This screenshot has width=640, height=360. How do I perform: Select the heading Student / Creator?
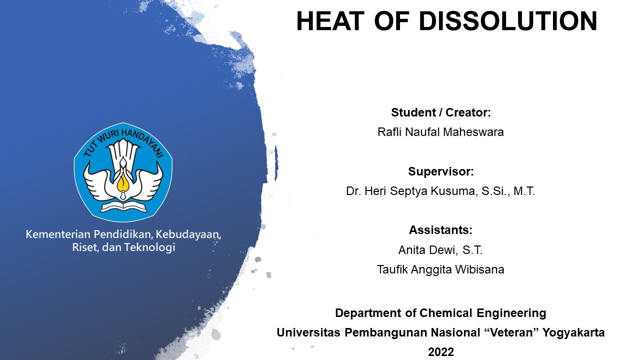point(440,112)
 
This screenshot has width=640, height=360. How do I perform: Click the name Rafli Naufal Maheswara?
point(440,132)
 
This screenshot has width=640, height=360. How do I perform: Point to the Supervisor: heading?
point(440,171)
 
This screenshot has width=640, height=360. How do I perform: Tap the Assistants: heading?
point(440,230)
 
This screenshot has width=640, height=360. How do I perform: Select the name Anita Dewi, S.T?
point(440,250)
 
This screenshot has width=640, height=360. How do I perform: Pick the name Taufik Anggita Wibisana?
point(440,270)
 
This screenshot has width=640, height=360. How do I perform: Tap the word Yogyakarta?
point(576,332)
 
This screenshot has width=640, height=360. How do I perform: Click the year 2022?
point(440,352)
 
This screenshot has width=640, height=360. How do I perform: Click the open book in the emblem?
point(123,206)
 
